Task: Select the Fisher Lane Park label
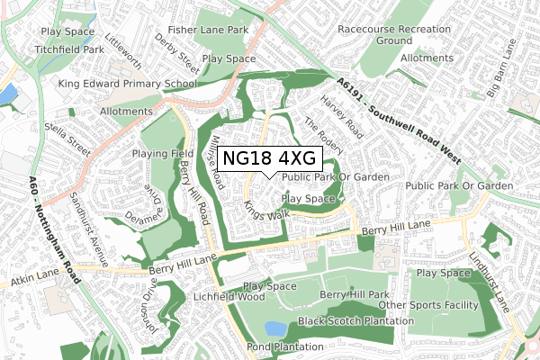click(213, 30)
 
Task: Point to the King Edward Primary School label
click(127, 84)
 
